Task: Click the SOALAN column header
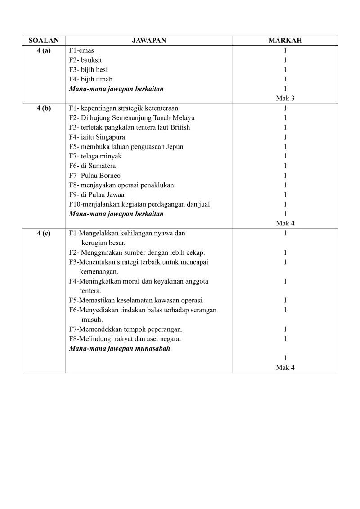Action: coord(44,41)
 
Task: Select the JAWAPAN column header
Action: coord(149,41)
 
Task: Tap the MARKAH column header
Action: coord(285,41)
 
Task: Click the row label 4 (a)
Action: coord(44,50)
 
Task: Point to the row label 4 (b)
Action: coord(44,108)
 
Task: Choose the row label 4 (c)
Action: coord(44,233)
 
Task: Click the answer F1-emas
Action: coord(81,50)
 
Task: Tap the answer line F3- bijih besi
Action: coord(88,70)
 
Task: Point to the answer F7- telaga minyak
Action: coord(95,156)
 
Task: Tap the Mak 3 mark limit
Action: coord(285,98)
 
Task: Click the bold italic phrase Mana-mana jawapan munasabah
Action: coord(119,348)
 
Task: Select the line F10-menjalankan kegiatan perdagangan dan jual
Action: coord(139,204)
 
